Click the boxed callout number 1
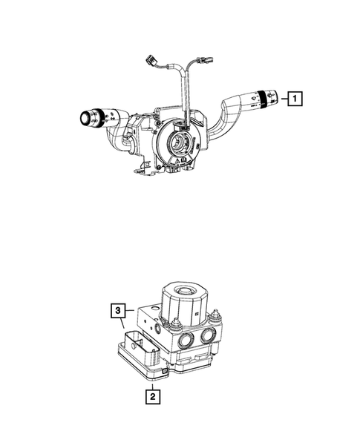(x=295, y=99)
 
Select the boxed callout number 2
(x=152, y=396)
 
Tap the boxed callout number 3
(x=118, y=310)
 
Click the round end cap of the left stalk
(x=85, y=119)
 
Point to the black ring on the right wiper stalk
(x=262, y=99)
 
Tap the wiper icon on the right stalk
(x=254, y=97)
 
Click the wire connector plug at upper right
(x=204, y=61)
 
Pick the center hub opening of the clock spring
(x=178, y=143)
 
